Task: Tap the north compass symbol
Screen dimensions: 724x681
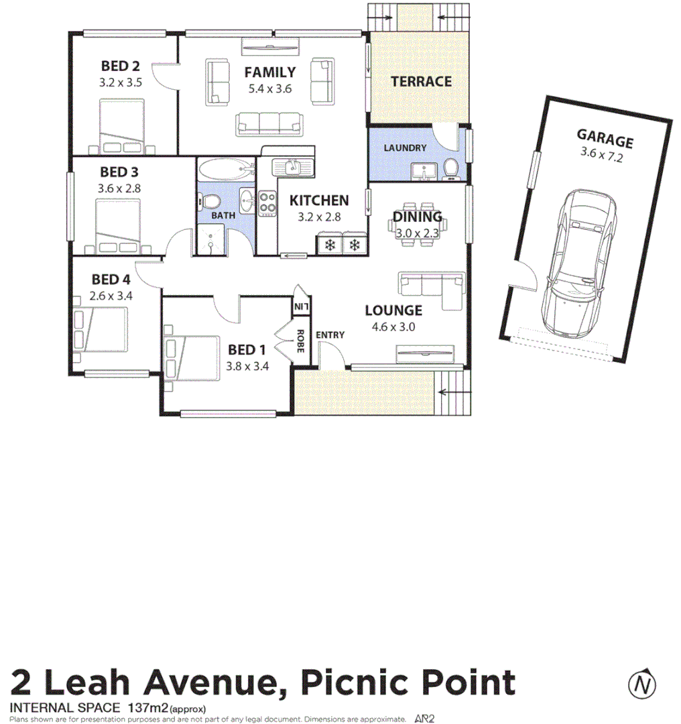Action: point(642,684)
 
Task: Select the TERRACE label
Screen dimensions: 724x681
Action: point(421,82)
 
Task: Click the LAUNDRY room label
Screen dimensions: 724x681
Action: point(404,147)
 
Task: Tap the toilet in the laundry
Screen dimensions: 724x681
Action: point(452,170)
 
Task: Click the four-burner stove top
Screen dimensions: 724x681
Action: point(268,203)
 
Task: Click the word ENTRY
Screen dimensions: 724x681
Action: point(330,335)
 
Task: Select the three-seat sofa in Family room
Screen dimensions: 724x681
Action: point(268,123)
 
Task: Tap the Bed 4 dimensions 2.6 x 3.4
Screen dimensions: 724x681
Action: point(111,295)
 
